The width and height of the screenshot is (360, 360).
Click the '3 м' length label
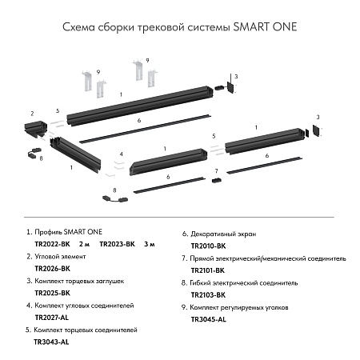[150, 242]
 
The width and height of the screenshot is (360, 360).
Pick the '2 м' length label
[86, 242]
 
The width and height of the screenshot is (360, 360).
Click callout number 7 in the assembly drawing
[216, 171]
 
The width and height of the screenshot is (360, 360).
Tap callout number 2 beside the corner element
[31, 114]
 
